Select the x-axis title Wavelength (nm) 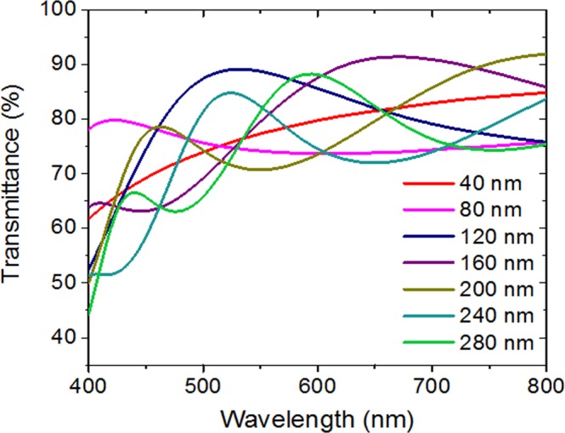tap(316, 417)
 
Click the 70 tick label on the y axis tap(65, 175)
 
